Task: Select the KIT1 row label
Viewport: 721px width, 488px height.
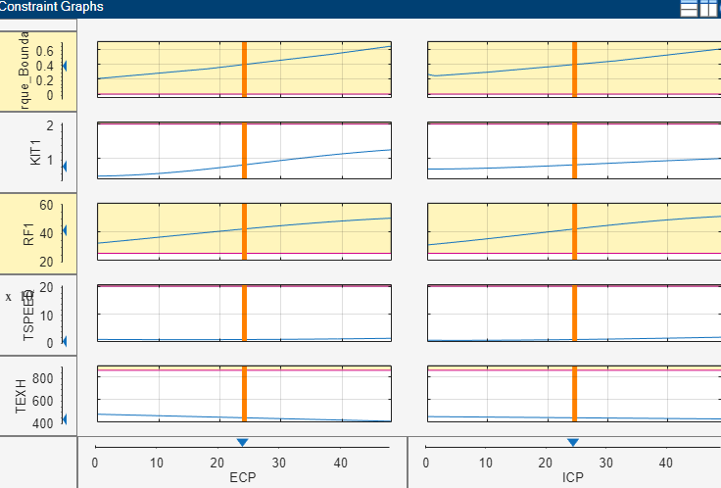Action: (x=36, y=149)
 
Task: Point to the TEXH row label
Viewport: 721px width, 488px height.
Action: (x=22, y=398)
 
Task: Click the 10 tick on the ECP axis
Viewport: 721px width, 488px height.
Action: (x=157, y=463)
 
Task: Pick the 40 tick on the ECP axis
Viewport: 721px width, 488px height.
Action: (x=341, y=463)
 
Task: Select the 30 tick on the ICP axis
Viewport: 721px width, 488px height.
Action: (x=606, y=463)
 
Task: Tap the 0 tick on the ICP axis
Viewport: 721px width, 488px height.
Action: (x=426, y=463)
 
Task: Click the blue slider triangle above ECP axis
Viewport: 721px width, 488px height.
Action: (x=242, y=443)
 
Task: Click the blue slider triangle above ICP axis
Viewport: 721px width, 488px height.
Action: (x=573, y=443)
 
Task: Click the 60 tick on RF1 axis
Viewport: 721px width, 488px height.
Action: (x=46, y=205)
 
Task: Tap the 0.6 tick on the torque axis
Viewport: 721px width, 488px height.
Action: (x=44, y=51)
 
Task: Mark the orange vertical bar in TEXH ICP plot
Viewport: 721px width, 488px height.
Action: (x=575, y=394)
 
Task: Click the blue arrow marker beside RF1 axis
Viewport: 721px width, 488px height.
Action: (x=64, y=230)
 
